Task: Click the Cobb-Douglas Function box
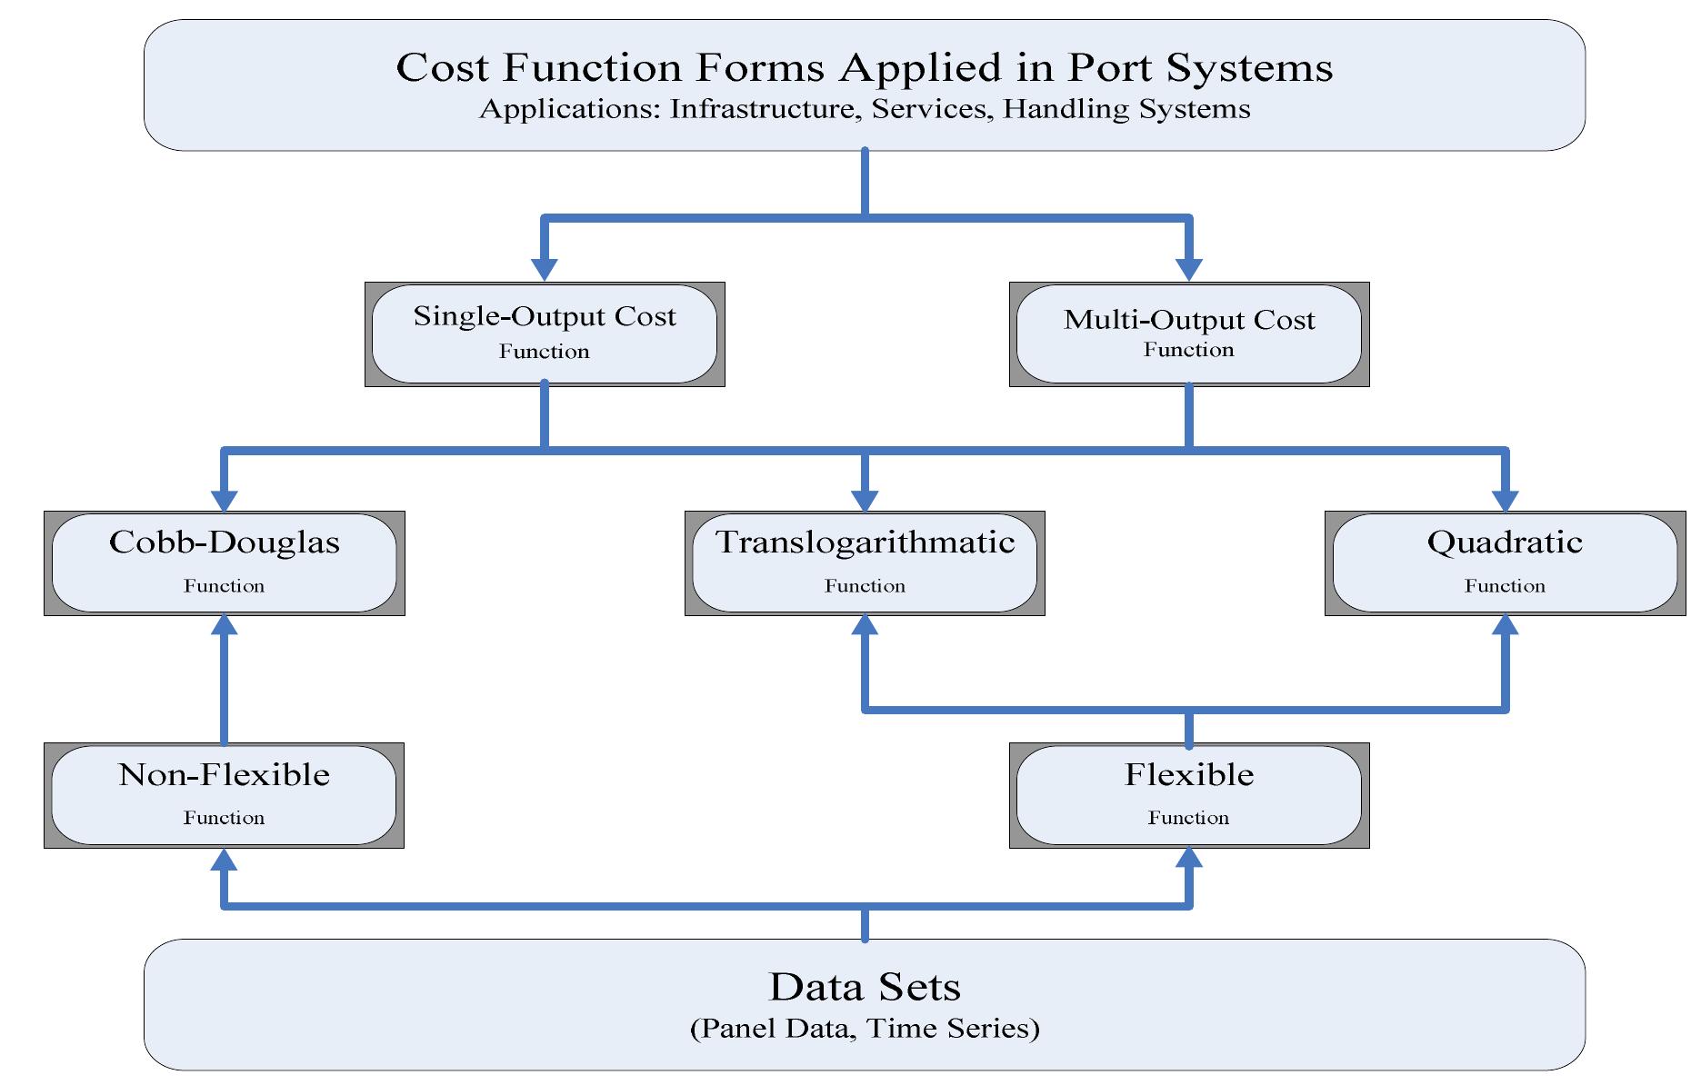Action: click(x=225, y=562)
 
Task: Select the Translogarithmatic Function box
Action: click(x=865, y=562)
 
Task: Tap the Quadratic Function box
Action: click(x=1505, y=562)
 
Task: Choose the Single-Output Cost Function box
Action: click(x=545, y=333)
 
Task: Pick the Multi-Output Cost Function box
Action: click(x=1188, y=333)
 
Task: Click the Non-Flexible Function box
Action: click(x=225, y=795)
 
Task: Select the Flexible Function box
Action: click(x=1188, y=795)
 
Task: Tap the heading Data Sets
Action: click(x=865, y=987)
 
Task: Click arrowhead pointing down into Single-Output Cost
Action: click(x=545, y=270)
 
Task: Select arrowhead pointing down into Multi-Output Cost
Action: click(x=1188, y=270)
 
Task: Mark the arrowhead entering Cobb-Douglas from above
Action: click(x=225, y=501)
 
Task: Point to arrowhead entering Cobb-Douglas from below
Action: click(x=225, y=625)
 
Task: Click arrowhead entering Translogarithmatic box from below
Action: click(x=865, y=625)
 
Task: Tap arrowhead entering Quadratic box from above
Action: click(x=1506, y=501)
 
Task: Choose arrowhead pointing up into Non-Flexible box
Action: click(x=225, y=859)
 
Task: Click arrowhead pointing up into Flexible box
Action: click(x=1188, y=859)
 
